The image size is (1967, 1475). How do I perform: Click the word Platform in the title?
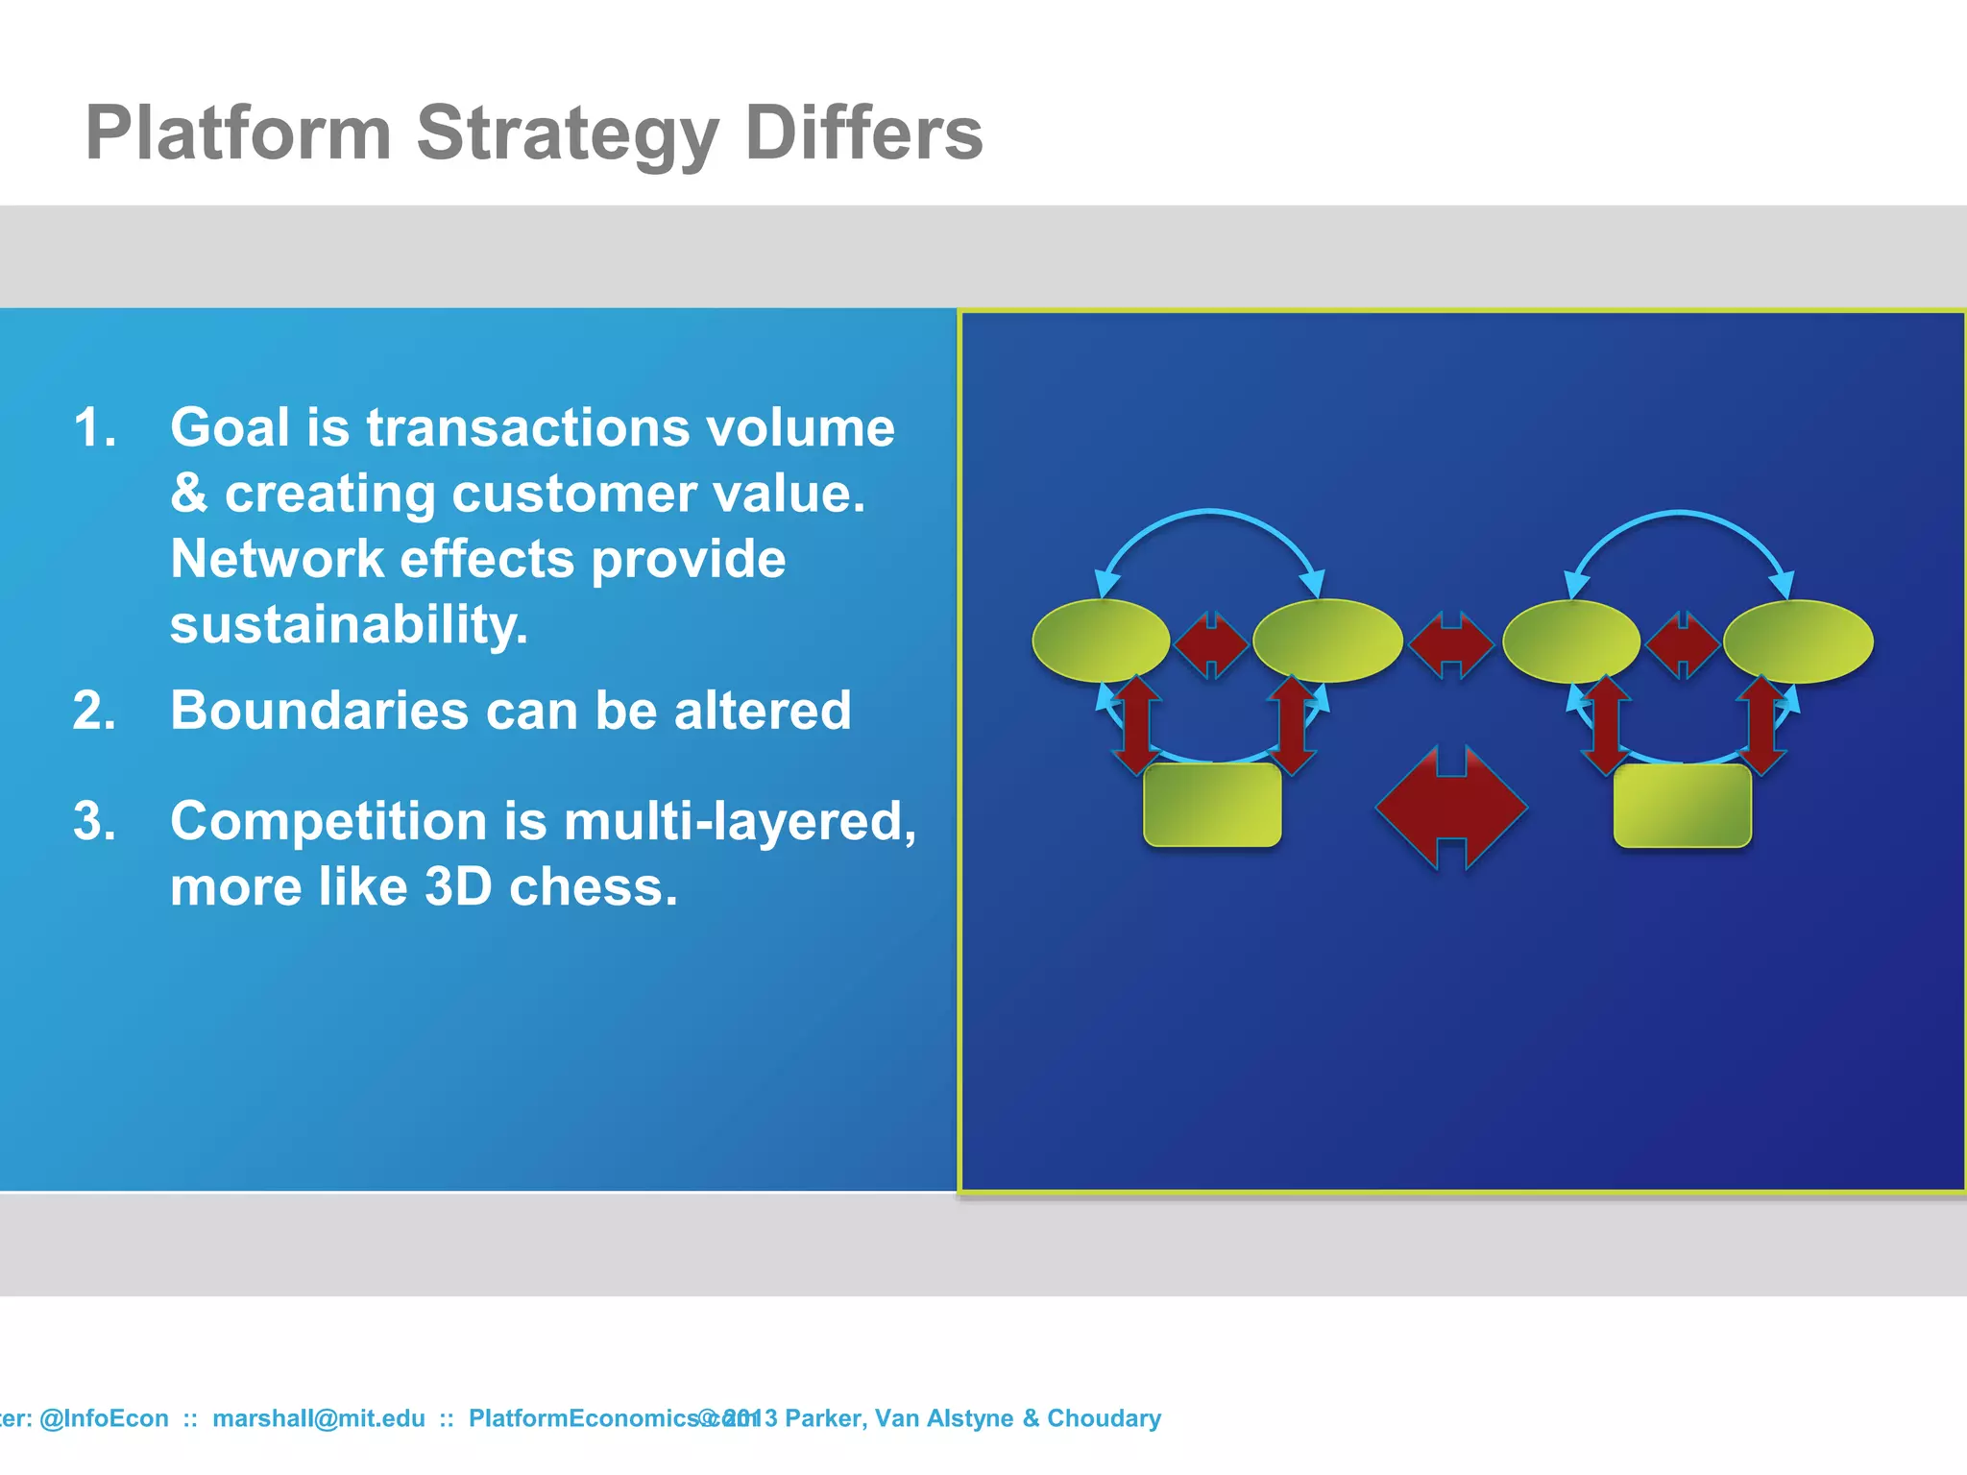pyautogui.click(x=238, y=133)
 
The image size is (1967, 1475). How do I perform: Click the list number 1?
pyautogui.click(x=94, y=427)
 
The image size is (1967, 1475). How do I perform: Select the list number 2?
pyautogui.click(x=94, y=711)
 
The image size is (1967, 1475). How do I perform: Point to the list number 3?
pyautogui.click(x=94, y=821)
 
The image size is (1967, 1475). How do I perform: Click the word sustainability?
pyautogui.click(x=349, y=624)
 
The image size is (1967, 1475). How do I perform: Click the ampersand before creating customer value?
pyautogui.click(x=188, y=494)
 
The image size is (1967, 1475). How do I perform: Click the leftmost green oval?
pyautogui.click(x=1101, y=641)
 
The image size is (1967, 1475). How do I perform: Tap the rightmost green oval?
pyautogui.click(x=1798, y=641)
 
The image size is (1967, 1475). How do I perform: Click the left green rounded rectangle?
pyautogui.click(x=1212, y=805)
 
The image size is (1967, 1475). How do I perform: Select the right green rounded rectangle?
pyautogui.click(x=1682, y=805)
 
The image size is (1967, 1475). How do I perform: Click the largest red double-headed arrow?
pyautogui.click(x=1451, y=807)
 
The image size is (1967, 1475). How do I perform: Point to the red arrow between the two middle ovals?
pyautogui.click(x=1451, y=643)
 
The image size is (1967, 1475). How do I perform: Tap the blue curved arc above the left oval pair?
pyautogui.click(x=1210, y=513)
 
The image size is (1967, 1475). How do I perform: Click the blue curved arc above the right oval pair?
pyautogui.click(x=1679, y=514)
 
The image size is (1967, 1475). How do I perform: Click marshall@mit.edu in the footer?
pyautogui.click(x=318, y=1418)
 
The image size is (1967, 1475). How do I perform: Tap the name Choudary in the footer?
pyautogui.click(x=1104, y=1418)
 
